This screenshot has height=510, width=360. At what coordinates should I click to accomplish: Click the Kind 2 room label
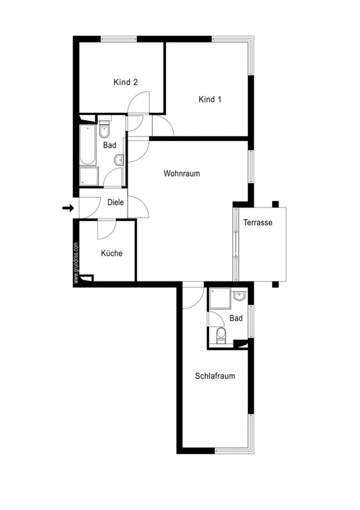coord(126,82)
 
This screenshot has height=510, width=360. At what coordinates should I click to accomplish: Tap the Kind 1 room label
coord(210,99)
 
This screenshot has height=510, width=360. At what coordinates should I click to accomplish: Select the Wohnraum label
coord(181,173)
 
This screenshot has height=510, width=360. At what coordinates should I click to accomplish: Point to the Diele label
coord(116,202)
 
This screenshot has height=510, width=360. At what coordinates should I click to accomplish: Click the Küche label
coord(112,253)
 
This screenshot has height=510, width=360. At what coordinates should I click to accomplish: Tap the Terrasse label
coord(258,223)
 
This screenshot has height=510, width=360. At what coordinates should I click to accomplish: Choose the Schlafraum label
coord(215,376)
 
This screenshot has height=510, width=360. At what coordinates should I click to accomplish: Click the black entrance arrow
coord(68,208)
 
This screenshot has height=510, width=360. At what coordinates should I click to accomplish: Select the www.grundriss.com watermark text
coord(76,263)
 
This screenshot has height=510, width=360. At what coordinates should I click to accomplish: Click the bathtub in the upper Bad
coord(88,145)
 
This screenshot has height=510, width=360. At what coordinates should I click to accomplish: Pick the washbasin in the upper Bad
coord(119,160)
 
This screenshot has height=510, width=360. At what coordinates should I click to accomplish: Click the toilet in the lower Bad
coord(221,335)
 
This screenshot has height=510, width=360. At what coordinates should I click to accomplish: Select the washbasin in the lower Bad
coord(239,296)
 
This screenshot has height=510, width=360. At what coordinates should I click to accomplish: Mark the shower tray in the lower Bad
coord(220,298)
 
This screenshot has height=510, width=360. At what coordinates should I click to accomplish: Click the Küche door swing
coord(107,229)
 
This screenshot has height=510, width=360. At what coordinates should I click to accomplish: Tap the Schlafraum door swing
coord(193,298)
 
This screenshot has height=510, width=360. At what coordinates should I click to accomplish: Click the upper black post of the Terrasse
coord(276,204)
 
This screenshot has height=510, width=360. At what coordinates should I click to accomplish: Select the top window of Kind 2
coord(118,39)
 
